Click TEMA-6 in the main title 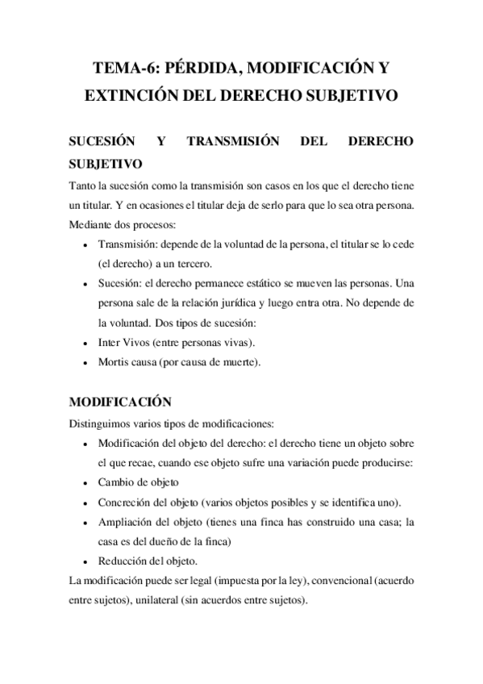124,66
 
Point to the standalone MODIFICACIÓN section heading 122,401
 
